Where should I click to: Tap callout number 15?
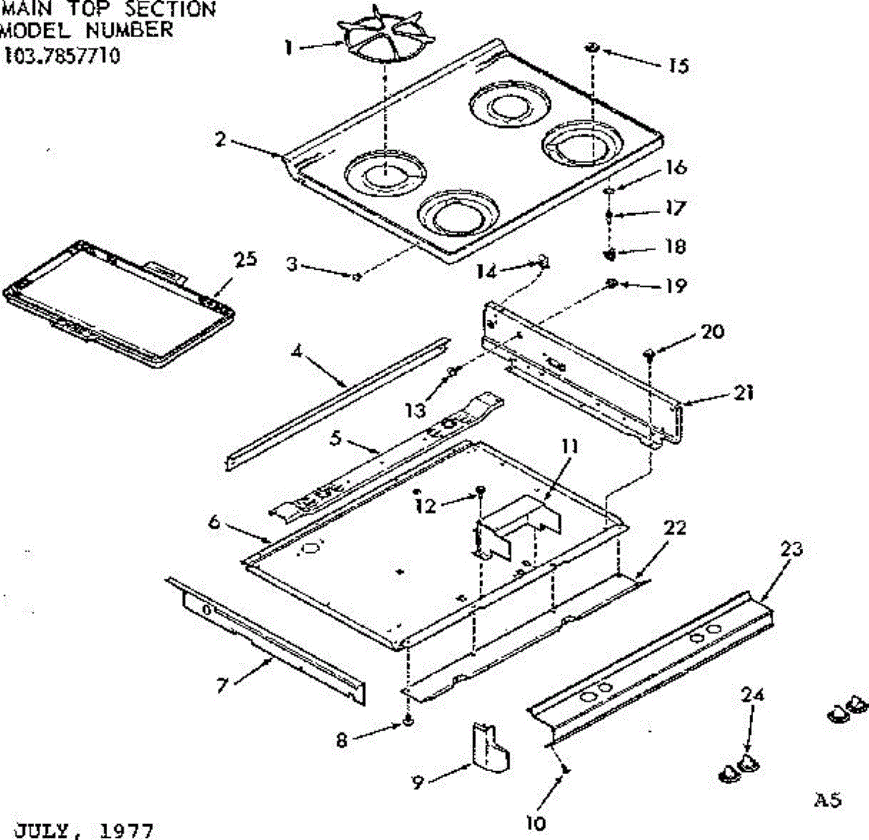[679, 66]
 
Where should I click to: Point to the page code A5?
[828, 800]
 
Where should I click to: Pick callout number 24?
[753, 694]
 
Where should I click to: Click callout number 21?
[744, 392]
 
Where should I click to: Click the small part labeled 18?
[610, 254]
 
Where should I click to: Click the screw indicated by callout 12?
[479, 493]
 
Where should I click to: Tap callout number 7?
[223, 684]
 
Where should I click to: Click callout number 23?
[792, 549]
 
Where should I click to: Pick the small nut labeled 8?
[408, 722]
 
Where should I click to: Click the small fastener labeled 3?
[356, 275]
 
